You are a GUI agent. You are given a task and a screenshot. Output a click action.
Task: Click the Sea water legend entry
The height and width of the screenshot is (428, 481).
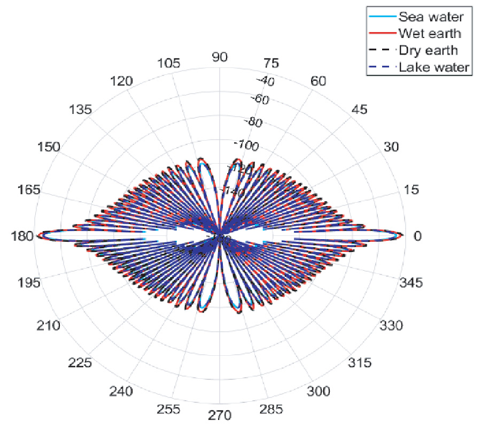point(431,17)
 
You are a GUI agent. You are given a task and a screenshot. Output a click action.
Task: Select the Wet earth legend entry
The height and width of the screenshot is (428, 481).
point(431,33)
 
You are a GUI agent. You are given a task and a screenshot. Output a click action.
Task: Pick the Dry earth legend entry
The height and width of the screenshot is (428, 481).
point(428,50)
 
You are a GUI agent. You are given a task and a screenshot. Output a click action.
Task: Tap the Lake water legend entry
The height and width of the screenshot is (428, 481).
point(433,67)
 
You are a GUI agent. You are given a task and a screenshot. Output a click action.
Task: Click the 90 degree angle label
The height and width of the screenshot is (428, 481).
point(220,58)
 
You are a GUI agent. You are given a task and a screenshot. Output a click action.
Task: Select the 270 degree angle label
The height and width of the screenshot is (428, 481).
point(220,415)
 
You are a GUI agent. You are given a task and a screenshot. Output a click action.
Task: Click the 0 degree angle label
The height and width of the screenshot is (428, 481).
point(418,236)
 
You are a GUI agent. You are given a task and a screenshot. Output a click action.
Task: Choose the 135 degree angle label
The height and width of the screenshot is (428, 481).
point(80,109)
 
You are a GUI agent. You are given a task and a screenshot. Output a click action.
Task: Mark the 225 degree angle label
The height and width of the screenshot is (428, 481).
point(80,363)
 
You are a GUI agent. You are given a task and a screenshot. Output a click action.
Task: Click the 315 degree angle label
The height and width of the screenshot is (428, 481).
point(360,363)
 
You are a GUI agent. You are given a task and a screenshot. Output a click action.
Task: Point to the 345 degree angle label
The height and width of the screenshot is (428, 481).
point(412,282)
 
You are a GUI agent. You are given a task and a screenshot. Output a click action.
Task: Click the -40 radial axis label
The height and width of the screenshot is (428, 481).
point(266,81)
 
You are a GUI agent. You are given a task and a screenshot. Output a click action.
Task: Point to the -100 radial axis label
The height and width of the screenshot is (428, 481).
point(246,145)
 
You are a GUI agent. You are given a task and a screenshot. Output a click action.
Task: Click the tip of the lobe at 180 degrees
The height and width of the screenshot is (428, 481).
point(37,236)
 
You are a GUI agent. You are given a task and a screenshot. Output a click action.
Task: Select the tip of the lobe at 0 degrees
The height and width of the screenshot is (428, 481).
point(402,236)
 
